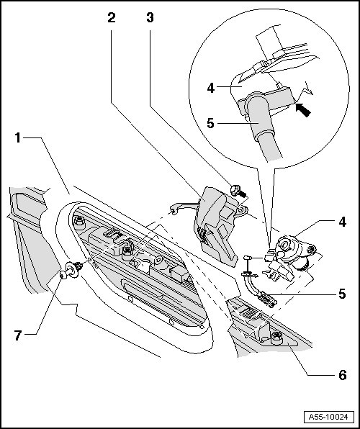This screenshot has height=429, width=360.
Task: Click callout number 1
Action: (18, 138)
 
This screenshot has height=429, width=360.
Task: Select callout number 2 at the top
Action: (112, 18)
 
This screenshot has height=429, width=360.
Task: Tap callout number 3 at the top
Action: (150, 17)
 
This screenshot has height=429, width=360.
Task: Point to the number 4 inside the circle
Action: (210, 88)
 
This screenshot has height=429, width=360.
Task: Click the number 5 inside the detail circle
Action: (210, 123)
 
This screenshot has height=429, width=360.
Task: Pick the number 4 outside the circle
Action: (343, 222)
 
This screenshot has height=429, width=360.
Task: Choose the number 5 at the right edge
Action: (342, 294)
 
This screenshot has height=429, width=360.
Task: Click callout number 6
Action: (343, 375)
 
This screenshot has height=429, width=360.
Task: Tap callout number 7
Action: (18, 335)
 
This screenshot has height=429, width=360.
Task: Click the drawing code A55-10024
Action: (328, 417)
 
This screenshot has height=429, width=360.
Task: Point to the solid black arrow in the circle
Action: (304, 109)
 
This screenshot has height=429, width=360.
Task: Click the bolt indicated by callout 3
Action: (238, 191)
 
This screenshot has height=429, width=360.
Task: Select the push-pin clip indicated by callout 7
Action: (71, 270)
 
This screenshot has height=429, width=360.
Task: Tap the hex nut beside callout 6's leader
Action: (276, 338)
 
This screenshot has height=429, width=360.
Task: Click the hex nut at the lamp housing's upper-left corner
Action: (79, 220)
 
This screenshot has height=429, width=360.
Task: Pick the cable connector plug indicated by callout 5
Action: (266, 299)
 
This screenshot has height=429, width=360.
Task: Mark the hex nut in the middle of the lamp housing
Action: (127, 251)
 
